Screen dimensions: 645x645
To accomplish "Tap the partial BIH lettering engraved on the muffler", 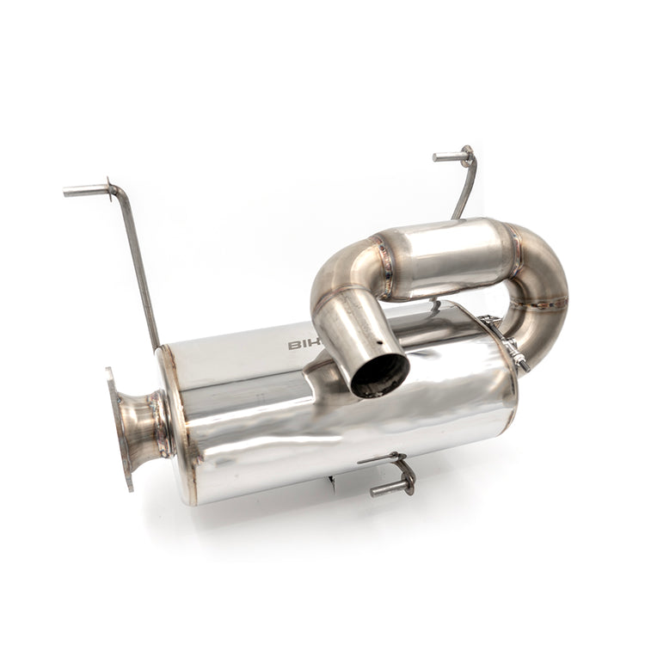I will coord(302,344).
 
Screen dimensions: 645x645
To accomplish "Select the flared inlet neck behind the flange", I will coord(146,424).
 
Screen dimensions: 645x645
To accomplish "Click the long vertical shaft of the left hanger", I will coord(138,267).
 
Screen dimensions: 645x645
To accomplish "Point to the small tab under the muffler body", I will coord(332,484).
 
